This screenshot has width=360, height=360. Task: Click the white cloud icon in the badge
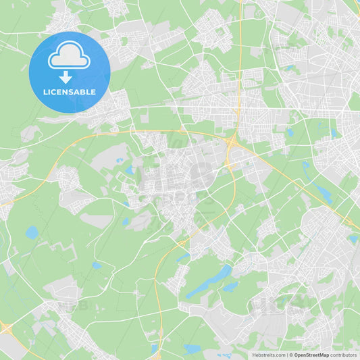(69, 59)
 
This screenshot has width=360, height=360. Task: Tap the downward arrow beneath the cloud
(66, 77)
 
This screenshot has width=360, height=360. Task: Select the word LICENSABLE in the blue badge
(70, 92)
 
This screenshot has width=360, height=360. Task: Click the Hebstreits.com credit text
(268, 355)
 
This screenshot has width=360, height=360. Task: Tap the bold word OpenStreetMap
(312, 355)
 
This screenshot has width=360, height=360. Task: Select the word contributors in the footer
(343, 355)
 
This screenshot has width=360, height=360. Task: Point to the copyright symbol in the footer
(291, 355)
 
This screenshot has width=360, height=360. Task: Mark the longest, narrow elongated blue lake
(209, 282)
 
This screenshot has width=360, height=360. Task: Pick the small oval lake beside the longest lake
(231, 286)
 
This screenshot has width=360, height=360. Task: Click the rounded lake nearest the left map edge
(32, 232)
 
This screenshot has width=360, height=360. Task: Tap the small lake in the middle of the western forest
(97, 265)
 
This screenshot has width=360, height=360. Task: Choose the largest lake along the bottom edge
(192, 349)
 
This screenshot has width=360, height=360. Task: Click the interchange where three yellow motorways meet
(232, 143)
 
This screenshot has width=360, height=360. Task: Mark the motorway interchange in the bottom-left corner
(7, 329)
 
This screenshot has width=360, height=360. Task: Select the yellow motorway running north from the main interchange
(239, 68)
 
